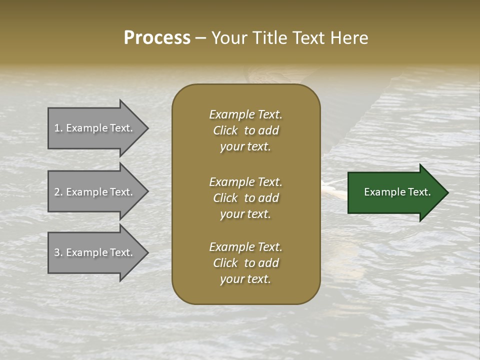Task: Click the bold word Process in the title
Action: click(157, 38)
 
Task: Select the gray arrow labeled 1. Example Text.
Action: click(95, 128)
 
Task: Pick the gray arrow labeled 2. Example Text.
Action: click(95, 192)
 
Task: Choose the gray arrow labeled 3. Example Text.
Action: click(95, 252)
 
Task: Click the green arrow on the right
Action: click(395, 192)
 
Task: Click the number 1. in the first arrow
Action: click(58, 128)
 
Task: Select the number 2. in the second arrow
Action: click(58, 192)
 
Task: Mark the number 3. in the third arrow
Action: click(58, 252)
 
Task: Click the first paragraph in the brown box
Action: click(245, 130)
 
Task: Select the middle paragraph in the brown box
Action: click(245, 198)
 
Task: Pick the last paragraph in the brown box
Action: click(245, 263)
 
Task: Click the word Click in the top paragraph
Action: click(225, 130)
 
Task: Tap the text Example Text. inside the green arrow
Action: click(397, 192)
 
